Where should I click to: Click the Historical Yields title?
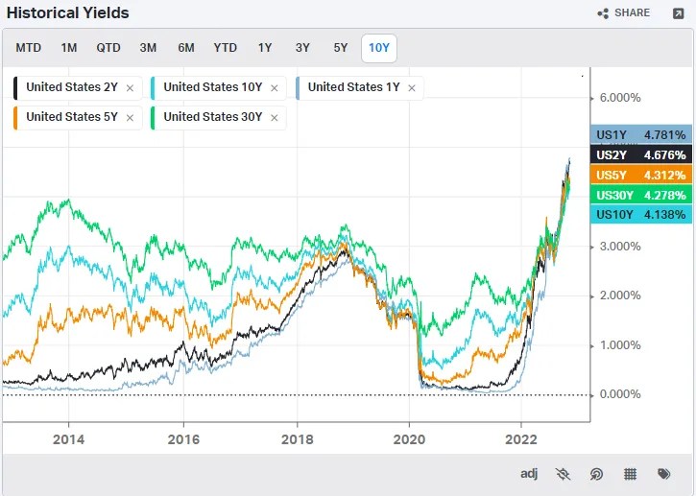[x=68, y=13]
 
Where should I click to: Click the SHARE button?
[x=624, y=13]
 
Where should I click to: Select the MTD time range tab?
[x=29, y=48]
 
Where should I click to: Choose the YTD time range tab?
[x=226, y=48]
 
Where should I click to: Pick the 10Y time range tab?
[x=379, y=48]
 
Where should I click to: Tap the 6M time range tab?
[x=186, y=48]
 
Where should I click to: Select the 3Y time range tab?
[x=302, y=48]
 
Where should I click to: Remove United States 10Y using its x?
[x=275, y=88]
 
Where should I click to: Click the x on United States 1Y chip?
[x=412, y=88]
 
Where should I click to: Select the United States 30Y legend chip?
[x=212, y=117]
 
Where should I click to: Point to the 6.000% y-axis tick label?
[x=620, y=98]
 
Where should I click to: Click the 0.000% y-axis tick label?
[x=620, y=394]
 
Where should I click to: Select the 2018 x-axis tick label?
[x=297, y=438]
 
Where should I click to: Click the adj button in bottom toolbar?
[x=529, y=474]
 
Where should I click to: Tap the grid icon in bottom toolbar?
[x=631, y=474]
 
